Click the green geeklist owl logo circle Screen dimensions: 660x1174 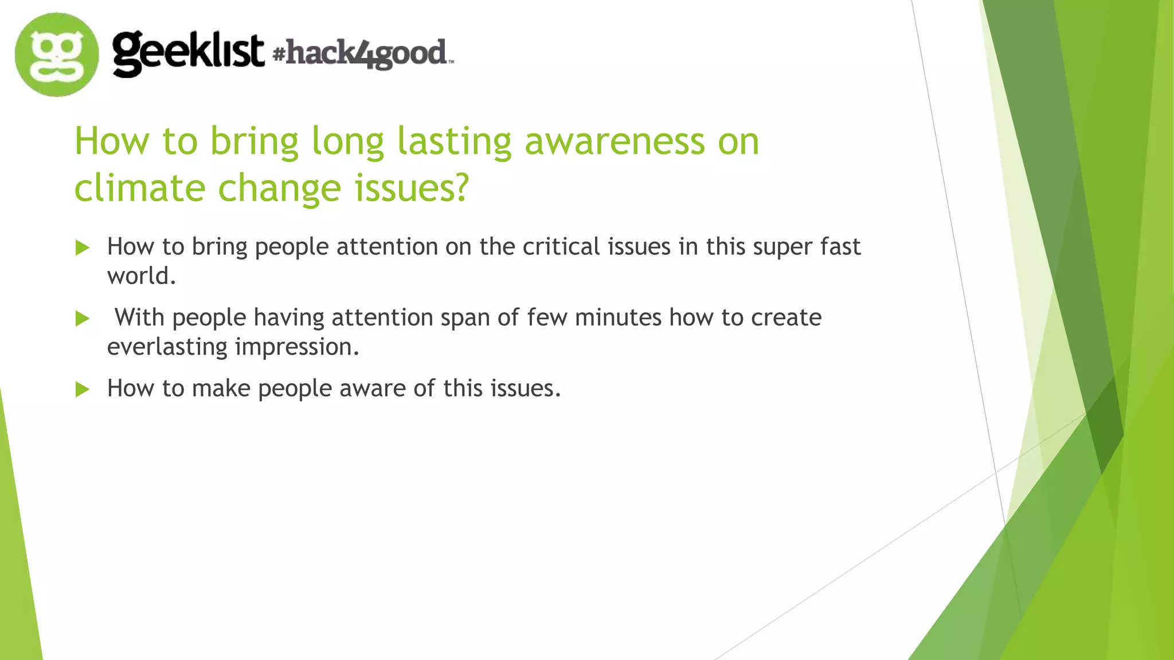pyautogui.click(x=56, y=54)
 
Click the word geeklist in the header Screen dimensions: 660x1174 pyautogui.click(x=188, y=53)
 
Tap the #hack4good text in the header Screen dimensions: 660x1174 pyautogui.click(x=362, y=53)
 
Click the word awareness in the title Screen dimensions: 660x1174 pyautogui.click(x=615, y=141)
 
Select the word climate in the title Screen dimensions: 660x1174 pyautogui.click(x=139, y=188)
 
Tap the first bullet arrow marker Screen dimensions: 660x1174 pyautogui.click(x=83, y=248)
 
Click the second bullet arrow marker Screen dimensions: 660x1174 pyautogui.click(x=83, y=319)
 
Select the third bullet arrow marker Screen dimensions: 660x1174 pyautogui.click(x=83, y=390)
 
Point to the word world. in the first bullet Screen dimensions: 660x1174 pyautogui.click(x=141, y=276)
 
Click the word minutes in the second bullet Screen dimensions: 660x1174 pyautogui.click(x=618, y=317)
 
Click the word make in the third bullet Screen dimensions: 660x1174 pyautogui.click(x=221, y=388)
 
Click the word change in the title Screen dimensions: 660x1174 pyautogui.click(x=279, y=188)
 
